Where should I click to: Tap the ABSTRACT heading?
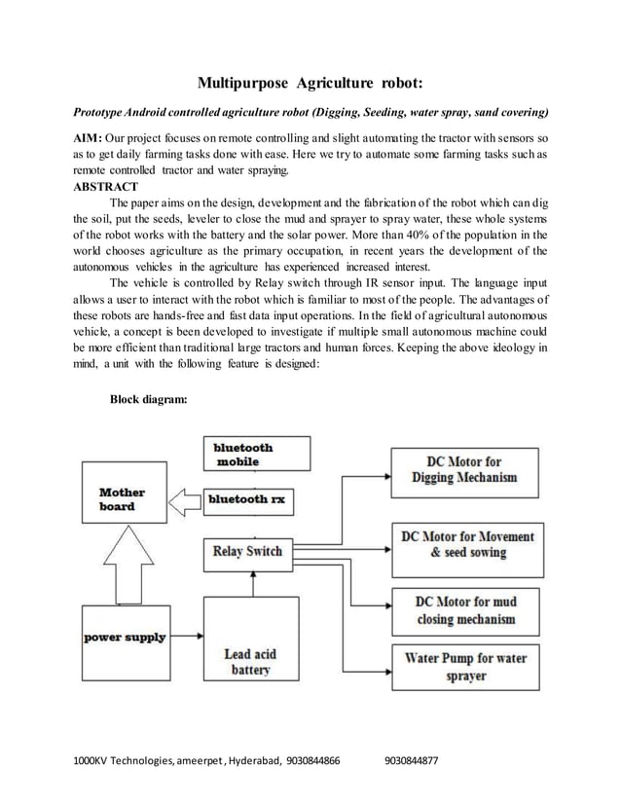click(106, 186)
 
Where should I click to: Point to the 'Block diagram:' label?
click(148, 399)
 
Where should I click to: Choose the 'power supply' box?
click(123, 639)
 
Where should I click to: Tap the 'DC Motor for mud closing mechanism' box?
click(465, 611)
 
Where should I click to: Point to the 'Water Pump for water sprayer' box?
click(465, 667)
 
